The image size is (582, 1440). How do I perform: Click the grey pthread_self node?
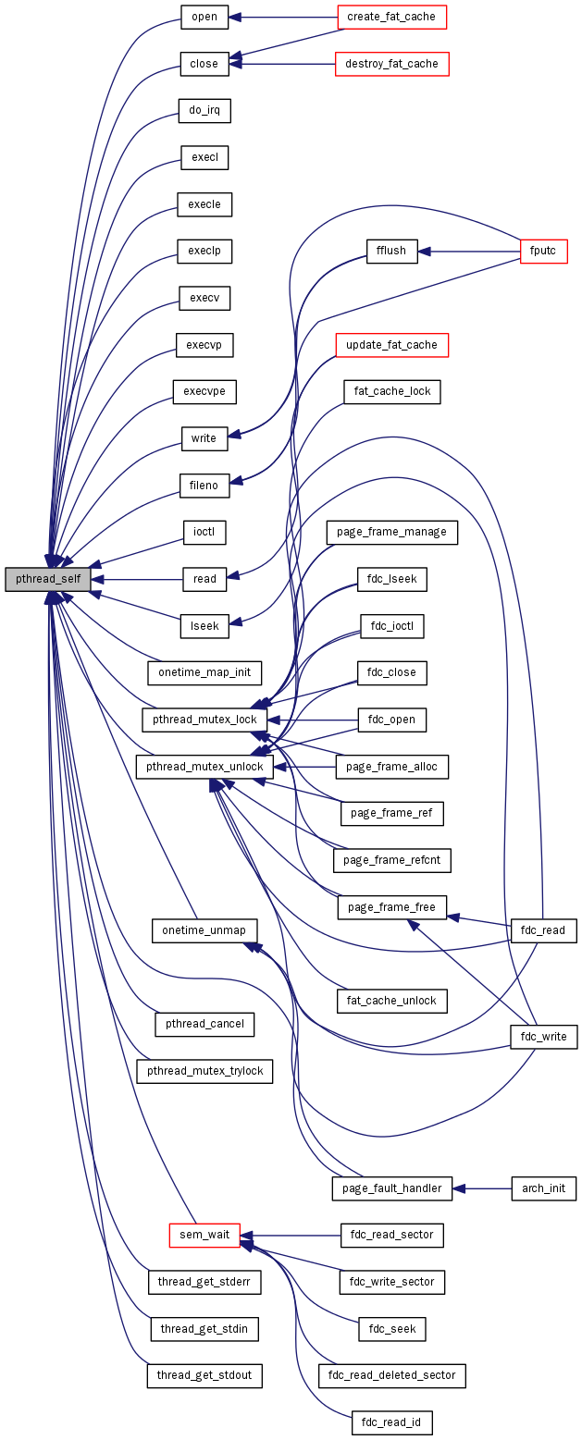pyautogui.click(x=47, y=579)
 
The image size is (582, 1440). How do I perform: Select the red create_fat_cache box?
pyautogui.click(x=391, y=17)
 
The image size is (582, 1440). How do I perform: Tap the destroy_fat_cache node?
pyautogui.click(x=391, y=64)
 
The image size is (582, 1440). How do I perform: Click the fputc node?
pyautogui.click(x=543, y=251)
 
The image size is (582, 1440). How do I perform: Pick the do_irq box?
pyautogui.click(x=204, y=111)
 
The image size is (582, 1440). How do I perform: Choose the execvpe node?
pyautogui.click(x=204, y=391)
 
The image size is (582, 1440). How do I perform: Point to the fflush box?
pyautogui.click(x=391, y=251)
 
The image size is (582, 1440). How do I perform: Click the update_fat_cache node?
pyautogui.click(x=391, y=345)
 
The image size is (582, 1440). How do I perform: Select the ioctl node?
pyautogui.click(x=204, y=533)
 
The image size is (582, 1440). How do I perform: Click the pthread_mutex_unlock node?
pyautogui.click(x=204, y=767)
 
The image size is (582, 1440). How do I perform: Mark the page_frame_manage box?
pyautogui.click(x=391, y=532)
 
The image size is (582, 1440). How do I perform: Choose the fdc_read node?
pyautogui.click(x=543, y=930)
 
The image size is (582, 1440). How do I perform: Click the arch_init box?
pyautogui.click(x=543, y=1188)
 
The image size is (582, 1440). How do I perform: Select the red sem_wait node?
pyautogui.click(x=204, y=1235)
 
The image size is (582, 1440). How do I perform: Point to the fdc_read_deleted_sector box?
pyautogui.click(x=391, y=1375)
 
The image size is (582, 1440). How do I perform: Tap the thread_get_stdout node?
pyautogui.click(x=204, y=1375)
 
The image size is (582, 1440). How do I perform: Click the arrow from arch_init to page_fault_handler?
pyautogui.click(x=481, y=1188)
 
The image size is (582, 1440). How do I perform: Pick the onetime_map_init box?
pyautogui.click(x=204, y=672)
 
